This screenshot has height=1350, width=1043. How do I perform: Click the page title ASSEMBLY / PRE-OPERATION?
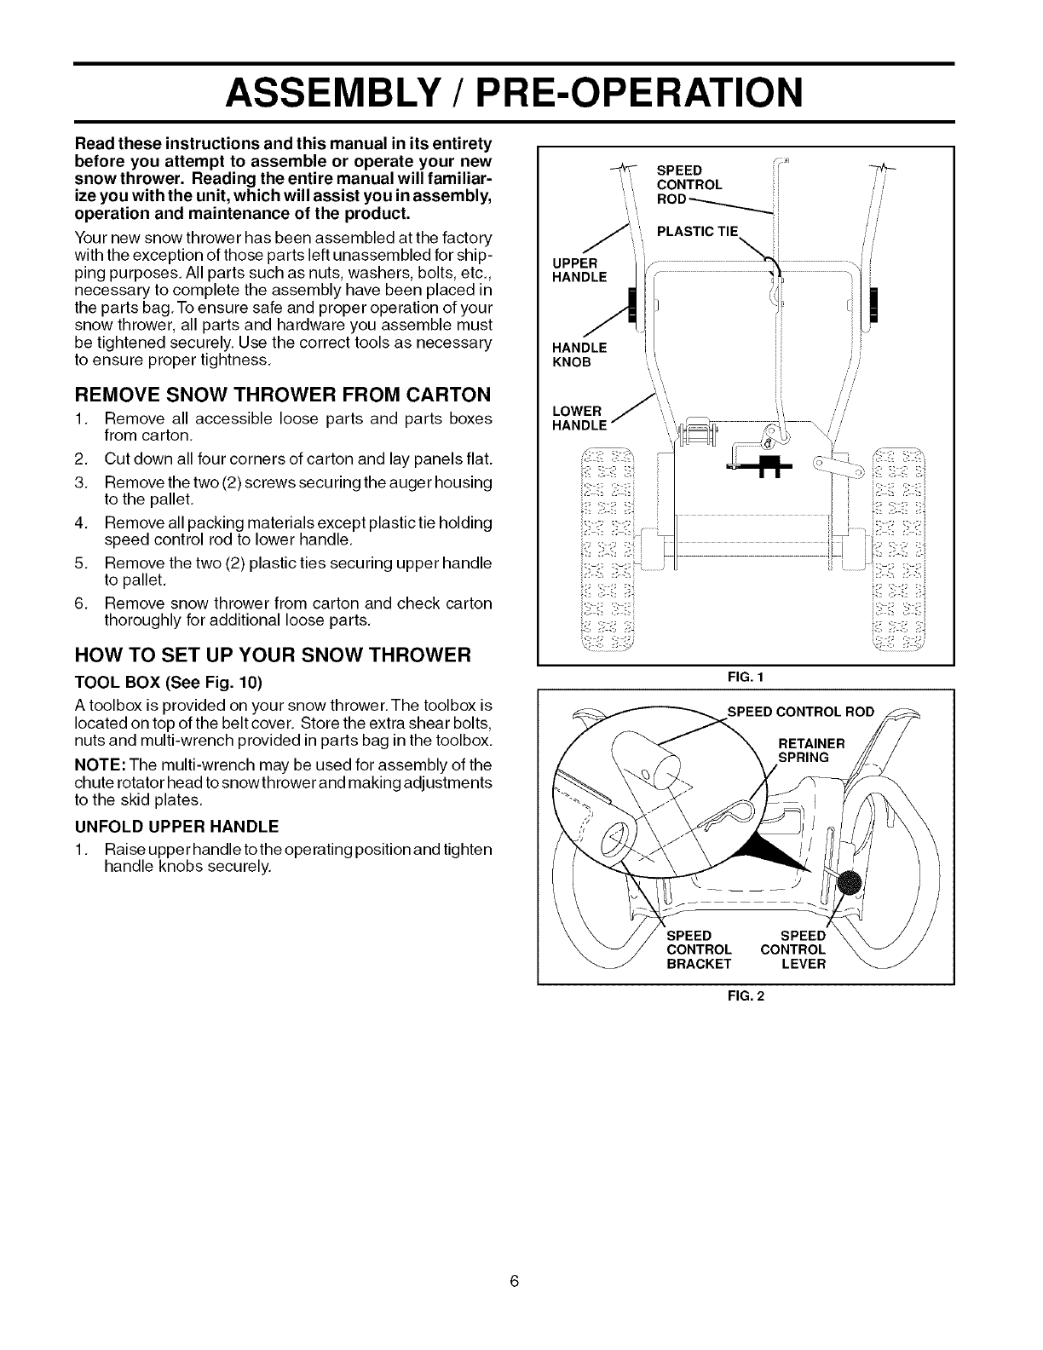(513, 92)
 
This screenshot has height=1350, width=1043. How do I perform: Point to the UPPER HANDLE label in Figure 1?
(579, 269)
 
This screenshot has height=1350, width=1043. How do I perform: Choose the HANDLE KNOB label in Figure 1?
(579, 354)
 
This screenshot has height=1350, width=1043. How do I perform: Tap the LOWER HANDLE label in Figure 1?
(579, 418)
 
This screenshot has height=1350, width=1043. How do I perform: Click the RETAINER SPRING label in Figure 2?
(811, 749)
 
